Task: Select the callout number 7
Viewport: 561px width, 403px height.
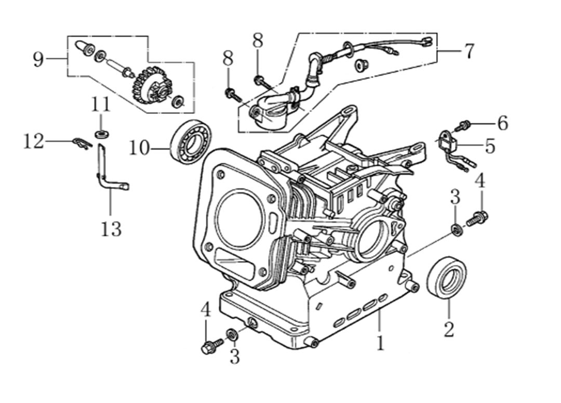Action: tap(469, 51)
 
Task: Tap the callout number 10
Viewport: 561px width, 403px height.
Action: tap(139, 149)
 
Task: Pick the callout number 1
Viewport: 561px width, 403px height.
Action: tap(381, 343)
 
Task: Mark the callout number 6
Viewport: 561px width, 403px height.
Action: tap(502, 123)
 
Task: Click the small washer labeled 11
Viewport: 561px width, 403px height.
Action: tap(102, 135)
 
